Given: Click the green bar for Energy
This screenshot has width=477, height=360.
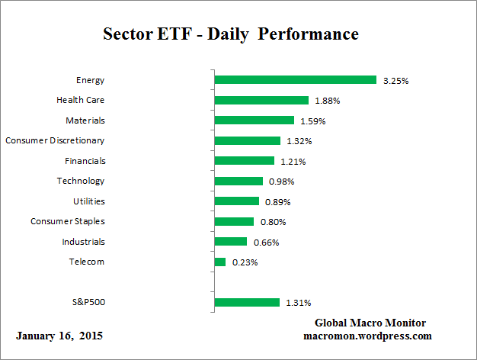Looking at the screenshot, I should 295,80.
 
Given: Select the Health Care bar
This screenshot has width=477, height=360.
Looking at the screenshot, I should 261,100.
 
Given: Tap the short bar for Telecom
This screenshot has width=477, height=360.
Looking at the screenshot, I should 220,262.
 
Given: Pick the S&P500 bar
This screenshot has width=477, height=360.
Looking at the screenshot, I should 247,303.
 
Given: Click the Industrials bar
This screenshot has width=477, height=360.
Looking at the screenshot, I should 231,242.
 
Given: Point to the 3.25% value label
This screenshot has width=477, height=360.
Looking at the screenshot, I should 396,81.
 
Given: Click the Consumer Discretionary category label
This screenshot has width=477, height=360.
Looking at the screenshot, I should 55,140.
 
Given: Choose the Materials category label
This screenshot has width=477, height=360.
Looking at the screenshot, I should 85,120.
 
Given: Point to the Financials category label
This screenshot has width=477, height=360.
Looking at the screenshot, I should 85,161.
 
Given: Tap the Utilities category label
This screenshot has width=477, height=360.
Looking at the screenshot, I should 88,201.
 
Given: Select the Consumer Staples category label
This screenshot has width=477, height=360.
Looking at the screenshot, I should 68,221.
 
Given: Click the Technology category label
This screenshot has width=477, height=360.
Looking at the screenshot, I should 81,181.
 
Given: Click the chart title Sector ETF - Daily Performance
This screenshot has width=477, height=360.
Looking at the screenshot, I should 230,35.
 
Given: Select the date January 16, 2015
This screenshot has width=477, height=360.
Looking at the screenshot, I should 59,336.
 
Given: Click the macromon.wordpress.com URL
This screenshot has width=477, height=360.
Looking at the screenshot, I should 367,336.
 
